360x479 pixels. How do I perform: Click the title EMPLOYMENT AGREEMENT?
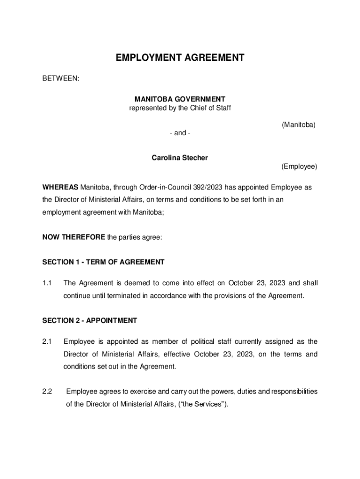(180, 58)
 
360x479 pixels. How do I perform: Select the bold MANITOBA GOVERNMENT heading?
(180, 99)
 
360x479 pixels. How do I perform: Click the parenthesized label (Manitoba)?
(298, 124)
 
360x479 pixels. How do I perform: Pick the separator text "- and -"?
(180, 133)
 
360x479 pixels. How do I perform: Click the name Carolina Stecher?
(180, 158)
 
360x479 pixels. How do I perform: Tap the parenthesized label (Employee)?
(299, 167)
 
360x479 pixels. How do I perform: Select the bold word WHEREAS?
(61, 188)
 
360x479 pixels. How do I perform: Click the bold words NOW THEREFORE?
(74, 237)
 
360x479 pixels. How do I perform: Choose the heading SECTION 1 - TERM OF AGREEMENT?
(103, 262)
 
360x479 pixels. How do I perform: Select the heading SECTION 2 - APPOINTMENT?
(90, 321)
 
